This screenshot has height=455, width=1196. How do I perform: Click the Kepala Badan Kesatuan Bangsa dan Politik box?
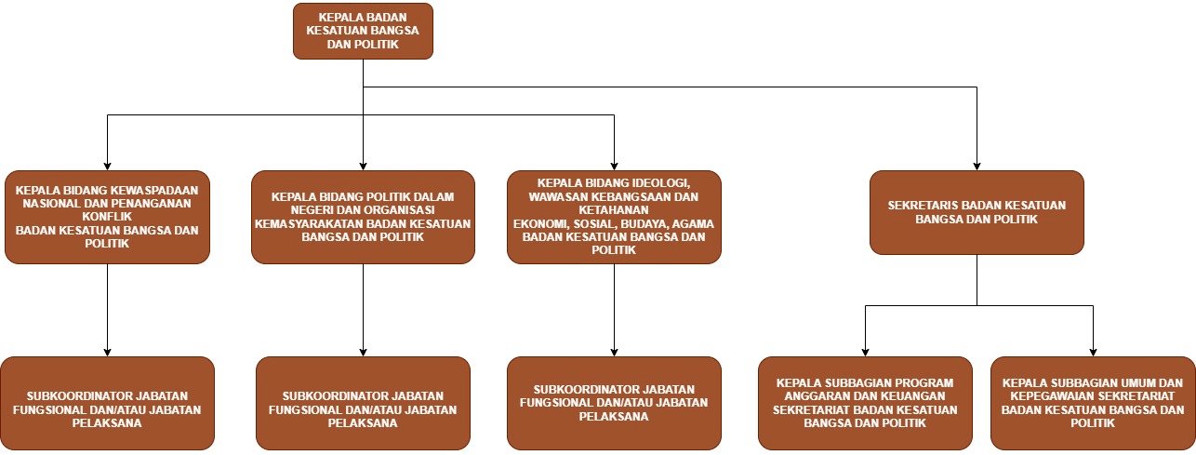coord(363,31)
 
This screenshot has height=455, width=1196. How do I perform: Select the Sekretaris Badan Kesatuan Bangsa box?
coord(977,212)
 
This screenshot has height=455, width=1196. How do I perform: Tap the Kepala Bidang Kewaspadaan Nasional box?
coord(107,217)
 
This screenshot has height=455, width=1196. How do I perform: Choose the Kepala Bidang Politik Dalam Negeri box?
coord(363,217)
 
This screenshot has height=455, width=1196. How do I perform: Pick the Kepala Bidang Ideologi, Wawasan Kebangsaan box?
coord(614,217)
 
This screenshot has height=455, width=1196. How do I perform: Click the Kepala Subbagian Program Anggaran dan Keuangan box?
coord(865,403)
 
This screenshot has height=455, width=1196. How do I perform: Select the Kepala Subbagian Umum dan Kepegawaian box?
coord(1093,403)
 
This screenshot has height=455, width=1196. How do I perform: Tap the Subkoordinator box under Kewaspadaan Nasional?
coord(107,403)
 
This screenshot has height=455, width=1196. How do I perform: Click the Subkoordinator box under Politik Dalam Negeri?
coord(363,403)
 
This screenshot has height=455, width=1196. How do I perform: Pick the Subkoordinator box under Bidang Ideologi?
coord(614,403)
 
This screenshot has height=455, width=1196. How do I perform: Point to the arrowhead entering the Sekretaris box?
coord(977,166)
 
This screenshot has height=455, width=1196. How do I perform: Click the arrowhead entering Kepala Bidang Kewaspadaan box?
coord(107,166)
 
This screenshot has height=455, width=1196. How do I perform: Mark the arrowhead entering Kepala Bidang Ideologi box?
coord(614,166)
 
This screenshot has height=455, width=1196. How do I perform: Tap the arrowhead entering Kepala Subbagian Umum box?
coord(1093,352)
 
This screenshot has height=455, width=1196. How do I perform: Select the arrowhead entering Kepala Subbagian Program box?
coord(865,352)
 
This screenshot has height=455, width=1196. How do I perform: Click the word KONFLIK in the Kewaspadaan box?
coord(107,217)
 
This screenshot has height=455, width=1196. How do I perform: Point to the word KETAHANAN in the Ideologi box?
coord(614,210)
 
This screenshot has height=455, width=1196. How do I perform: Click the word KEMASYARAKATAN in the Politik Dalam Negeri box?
coord(310,223)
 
